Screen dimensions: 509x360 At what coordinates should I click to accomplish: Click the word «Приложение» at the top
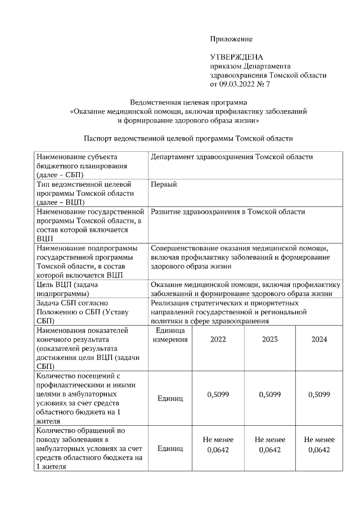pyautogui.click(x=231, y=39)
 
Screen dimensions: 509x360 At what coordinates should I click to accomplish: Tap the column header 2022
pyautogui.click(x=218, y=339)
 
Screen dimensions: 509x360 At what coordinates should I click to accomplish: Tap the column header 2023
pyautogui.click(x=269, y=339)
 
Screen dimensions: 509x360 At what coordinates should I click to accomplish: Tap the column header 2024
pyautogui.click(x=318, y=339)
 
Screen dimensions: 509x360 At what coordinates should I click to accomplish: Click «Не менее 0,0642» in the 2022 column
pyautogui.click(x=218, y=444)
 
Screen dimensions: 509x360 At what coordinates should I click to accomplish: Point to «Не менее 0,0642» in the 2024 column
pyautogui.click(x=318, y=444)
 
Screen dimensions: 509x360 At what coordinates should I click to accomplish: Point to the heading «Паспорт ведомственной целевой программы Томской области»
pyautogui.click(x=188, y=138)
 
